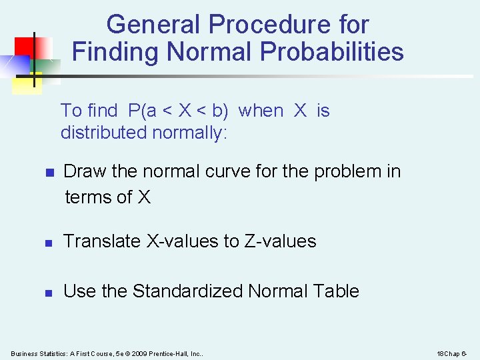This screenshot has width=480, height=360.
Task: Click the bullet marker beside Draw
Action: (x=49, y=173)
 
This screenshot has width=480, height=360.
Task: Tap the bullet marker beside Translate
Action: (x=49, y=242)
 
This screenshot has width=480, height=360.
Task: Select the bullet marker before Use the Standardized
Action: (x=49, y=292)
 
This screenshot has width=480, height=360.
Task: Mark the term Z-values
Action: (x=280, y=241)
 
